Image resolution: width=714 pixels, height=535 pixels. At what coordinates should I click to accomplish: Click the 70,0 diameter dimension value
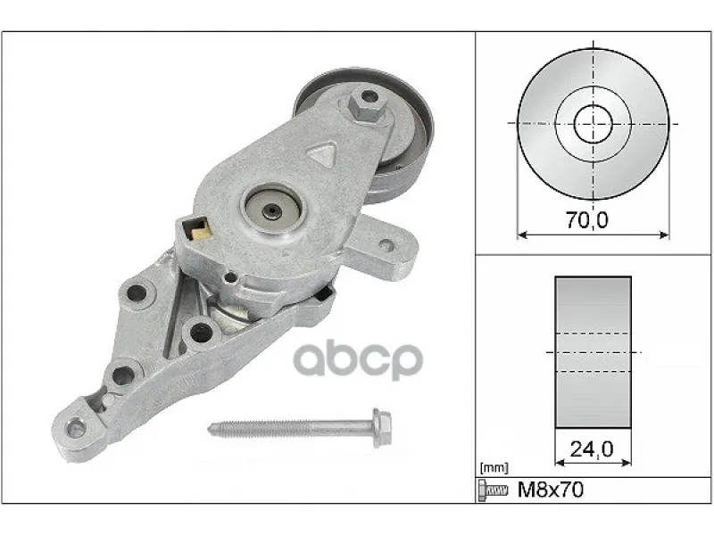point(587,220)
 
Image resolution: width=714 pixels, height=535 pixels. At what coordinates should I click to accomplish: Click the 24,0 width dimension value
point(592,449)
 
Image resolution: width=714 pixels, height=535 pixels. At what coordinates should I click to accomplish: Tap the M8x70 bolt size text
point(551,490)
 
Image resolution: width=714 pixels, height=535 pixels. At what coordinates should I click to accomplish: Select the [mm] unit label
point(494,467)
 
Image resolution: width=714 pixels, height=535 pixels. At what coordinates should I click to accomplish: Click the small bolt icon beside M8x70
point(494,490)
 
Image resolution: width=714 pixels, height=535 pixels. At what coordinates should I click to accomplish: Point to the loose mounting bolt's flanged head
point(382,428)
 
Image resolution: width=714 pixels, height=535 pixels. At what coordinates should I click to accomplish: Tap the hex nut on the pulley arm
point(368,105)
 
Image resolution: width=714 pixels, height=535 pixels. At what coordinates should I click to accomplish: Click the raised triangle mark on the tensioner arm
point(322,153)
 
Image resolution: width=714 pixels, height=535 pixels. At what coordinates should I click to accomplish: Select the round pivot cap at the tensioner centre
point(272,210)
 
